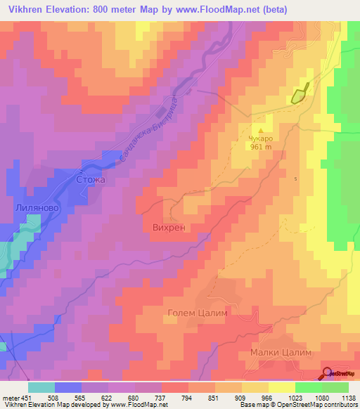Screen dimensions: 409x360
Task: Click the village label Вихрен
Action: (169, 228)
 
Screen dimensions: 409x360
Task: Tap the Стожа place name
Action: (90, 180)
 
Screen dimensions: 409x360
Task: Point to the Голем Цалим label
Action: (198, 313)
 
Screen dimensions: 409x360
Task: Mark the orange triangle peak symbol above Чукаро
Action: (262, 130)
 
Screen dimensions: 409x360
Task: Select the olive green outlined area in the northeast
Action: (300, 94)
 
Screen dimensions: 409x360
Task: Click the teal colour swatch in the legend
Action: (41, 387)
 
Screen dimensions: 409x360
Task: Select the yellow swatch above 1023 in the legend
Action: (281, 387)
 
